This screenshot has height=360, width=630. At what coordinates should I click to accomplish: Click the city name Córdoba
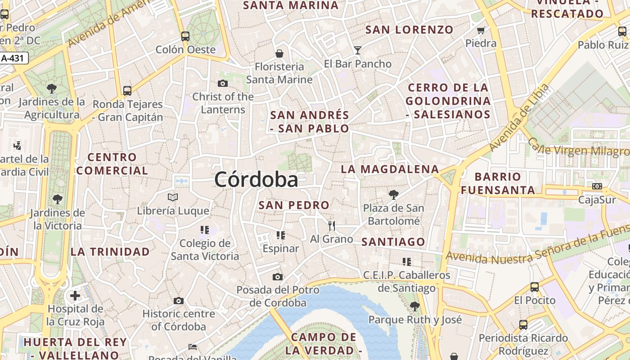tap(256, 180)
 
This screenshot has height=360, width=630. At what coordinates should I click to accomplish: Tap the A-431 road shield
tap(13, 58)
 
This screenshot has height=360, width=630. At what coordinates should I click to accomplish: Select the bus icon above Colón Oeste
tap(185, 36)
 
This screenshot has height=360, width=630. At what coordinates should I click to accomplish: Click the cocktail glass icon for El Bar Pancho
tap(358, 50)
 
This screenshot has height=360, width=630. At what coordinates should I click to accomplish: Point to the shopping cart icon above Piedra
tap(481, 31)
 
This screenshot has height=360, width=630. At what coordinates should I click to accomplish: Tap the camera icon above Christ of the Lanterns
tap(222, 83)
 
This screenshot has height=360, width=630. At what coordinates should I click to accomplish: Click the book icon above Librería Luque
tap(173, 197)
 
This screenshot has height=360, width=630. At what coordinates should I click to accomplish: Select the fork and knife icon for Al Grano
tap(332, 225)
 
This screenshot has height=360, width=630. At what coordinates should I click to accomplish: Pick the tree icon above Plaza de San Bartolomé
tap(393, 194)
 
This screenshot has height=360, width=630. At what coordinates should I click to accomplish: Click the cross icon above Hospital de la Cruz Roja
tap(75, 296)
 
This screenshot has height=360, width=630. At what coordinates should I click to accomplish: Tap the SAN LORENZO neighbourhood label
tap(409, 30)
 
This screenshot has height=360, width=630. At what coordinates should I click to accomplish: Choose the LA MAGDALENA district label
tap(389, 169)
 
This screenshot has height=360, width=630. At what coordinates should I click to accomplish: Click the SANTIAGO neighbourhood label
tap(393, 242)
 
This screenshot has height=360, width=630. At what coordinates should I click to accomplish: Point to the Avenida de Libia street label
tap(519, 117)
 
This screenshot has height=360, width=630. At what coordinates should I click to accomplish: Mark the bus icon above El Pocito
tap(535, 287)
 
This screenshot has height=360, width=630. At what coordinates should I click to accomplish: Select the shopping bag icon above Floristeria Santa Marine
tap(279, 54)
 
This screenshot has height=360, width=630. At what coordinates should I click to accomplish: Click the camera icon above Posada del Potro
tap(278, 276)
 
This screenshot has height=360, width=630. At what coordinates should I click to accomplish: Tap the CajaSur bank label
tap(597, 199)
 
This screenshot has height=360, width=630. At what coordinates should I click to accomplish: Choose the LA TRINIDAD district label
tap(110, 252)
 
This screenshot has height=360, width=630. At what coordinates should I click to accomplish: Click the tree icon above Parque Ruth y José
tap(415, 306)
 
